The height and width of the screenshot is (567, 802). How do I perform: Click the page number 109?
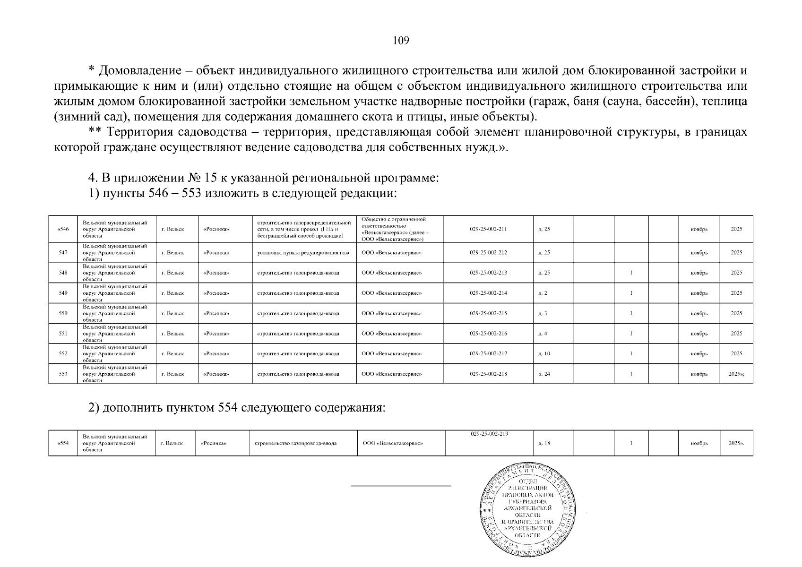401,41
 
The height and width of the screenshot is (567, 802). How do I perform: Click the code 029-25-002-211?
488,229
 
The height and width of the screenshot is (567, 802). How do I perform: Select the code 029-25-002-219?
489,434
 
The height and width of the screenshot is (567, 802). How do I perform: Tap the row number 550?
63,313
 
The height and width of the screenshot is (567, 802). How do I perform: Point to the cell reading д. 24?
544,374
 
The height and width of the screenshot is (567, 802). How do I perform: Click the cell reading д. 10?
544,354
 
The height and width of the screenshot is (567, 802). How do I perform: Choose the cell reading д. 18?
544,443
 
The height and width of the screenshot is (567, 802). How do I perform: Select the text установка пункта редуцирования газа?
303,253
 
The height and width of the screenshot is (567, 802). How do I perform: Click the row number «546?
63,229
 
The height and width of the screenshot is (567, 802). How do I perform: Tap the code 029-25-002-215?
488,313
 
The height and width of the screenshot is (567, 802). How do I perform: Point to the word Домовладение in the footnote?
139,71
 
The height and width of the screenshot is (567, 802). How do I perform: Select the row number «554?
63,443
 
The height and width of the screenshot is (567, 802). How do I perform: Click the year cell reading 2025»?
736,374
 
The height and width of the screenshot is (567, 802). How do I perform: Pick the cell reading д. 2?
543,293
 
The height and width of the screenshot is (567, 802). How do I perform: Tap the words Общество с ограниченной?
393,219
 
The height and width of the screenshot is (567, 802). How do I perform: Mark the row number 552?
63,354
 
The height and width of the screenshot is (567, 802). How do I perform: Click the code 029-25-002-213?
488,273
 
